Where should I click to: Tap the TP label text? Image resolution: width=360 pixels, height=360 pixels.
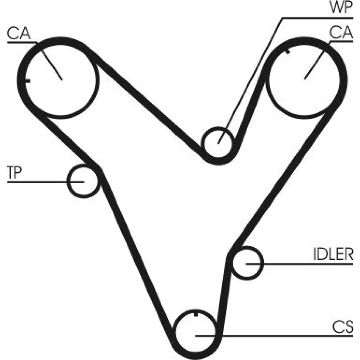(x=14, y=173)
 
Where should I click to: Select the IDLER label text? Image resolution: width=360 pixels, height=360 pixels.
(x=332, y=254)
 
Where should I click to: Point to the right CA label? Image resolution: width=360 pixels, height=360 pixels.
(x=341, y=33)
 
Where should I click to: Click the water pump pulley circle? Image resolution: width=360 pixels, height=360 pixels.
(x=218, y=143)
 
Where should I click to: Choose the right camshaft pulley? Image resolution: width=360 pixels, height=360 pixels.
(x=305, y=78)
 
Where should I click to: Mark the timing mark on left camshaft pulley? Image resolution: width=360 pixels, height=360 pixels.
(x=27, y=80)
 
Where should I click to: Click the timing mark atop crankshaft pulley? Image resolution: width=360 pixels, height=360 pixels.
(x=195, y=314)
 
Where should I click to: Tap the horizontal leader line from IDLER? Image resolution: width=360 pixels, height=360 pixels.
(x=306, y=264)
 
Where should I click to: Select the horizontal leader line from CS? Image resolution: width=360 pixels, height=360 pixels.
(x=288, y=336)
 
